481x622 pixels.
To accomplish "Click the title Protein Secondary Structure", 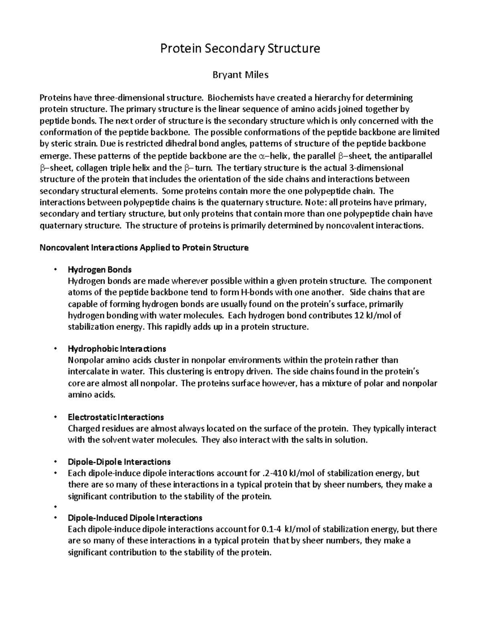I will click(x=240, y=49).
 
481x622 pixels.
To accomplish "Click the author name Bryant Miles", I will click(x=240, y=75).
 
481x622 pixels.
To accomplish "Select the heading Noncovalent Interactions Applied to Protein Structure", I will click(x=144, y=248).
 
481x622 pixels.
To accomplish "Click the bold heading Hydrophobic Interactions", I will click(x=117, y=349).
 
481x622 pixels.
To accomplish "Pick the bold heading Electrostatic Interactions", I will click(x=116, y=417).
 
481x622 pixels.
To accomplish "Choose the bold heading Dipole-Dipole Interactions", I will click(x=119, y=462).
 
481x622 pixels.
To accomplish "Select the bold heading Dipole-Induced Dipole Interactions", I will click(x=135, y=518).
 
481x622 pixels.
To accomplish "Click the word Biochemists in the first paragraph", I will click(x=230, y=98).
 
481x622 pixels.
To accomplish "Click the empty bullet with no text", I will click(x=55, y=507).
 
